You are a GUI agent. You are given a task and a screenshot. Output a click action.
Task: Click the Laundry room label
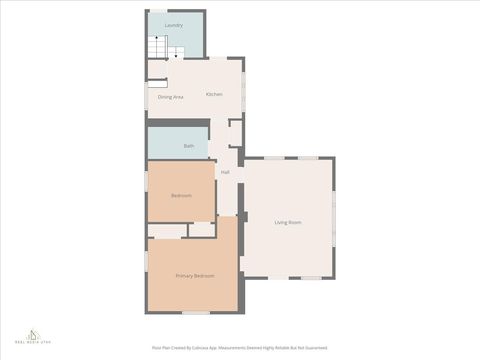(174, 24)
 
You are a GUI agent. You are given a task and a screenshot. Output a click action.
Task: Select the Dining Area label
(170, 97)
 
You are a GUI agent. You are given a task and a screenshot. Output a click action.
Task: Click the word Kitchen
(214, 94)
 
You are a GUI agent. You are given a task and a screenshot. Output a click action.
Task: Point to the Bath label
(188, 146)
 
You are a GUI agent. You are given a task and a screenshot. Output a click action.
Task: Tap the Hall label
(225, 172)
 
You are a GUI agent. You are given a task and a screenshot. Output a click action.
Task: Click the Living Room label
(288, 222)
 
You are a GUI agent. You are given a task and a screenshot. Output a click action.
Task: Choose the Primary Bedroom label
(195, 275)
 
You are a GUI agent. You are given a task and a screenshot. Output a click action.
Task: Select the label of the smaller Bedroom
(181, 195)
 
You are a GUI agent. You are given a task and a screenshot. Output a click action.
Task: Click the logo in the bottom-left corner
(33, 337)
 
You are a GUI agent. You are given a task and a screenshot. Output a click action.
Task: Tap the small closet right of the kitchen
(236, 132)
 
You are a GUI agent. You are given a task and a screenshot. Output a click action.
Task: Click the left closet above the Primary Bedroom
(167, 230)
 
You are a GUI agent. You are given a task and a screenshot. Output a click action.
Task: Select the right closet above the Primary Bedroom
(203, 229)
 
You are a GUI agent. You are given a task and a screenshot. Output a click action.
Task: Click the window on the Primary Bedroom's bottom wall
(195, 313)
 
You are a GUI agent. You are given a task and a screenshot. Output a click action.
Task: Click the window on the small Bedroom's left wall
(147, 190)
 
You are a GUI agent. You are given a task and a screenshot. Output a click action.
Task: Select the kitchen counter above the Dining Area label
(158, 84)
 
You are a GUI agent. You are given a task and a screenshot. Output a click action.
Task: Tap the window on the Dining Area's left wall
(147, 97)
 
